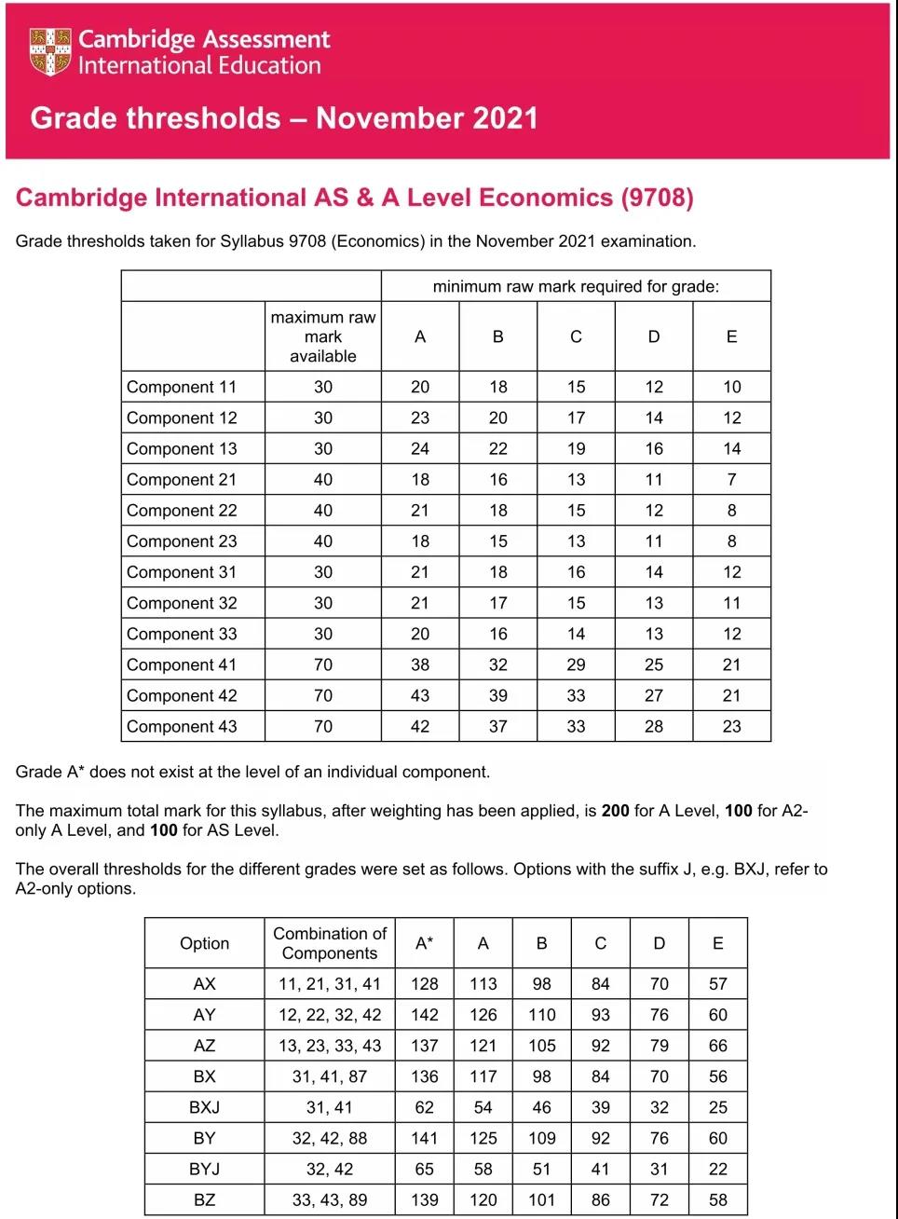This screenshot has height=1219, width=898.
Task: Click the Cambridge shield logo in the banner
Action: [50, 51]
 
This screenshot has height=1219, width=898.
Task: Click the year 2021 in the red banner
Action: [505, 118]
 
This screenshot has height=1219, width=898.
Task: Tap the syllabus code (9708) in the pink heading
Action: [657, 198]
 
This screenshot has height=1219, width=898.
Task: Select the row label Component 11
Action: [182, 387]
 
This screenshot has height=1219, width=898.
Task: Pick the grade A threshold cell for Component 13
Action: [420, 448]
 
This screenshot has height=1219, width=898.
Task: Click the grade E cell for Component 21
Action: [731, 479]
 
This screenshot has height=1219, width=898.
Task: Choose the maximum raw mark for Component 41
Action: [323, 664]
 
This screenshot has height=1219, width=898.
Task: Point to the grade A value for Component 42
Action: [420, 695]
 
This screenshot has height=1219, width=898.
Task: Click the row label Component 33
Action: [182, 634]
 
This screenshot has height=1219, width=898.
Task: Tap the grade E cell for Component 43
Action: [731, 726]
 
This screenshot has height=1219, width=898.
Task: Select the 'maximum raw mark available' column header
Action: [323, 336]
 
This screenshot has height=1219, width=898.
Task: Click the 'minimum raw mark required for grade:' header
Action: [576, 286]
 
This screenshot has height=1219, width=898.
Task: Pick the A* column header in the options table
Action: [424, 943]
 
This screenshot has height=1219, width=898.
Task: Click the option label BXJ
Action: [204, 1107]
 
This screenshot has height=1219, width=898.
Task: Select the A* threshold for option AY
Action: [424, 1015]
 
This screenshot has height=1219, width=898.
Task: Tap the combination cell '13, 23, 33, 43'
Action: [330, 1046]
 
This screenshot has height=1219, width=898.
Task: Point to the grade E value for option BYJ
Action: [717, 1169]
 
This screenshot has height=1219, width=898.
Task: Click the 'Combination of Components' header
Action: [330, 943]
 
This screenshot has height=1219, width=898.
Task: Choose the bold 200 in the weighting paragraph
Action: [615, 811]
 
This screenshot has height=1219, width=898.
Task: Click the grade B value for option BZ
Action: [541, 1199]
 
